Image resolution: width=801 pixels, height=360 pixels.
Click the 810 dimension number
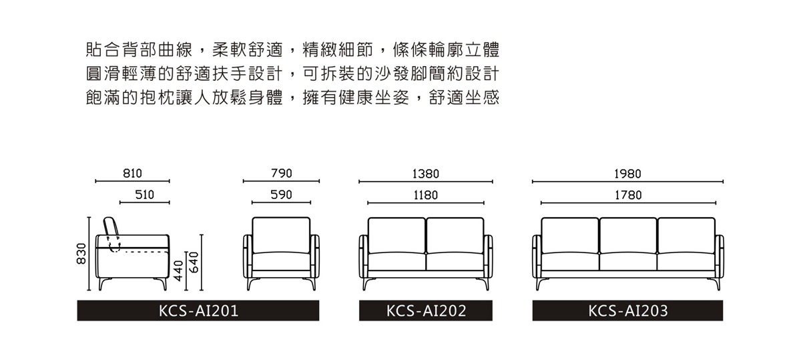[132, 174]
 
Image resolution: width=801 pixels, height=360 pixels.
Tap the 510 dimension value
[144, 194]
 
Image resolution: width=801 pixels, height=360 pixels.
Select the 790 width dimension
[282, 174]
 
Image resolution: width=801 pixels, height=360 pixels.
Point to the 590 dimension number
[282, 194]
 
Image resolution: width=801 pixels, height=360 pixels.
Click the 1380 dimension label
[426, 174]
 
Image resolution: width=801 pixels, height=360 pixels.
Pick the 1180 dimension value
[426, 196]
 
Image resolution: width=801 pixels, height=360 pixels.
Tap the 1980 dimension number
[627, 174]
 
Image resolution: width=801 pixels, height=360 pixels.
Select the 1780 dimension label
[628, 196]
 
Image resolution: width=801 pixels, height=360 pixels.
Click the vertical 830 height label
[82, 253]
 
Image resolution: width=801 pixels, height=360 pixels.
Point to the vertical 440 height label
[178, 271]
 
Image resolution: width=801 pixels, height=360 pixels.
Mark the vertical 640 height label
[194, 262]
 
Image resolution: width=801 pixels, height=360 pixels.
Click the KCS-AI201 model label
[198, 311]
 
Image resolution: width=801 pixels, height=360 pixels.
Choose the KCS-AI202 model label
[427, 311]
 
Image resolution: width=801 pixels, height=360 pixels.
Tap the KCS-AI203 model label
[628, 311]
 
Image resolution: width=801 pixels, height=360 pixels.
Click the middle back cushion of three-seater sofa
[628, 236]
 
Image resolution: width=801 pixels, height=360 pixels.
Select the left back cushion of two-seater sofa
[396, 236]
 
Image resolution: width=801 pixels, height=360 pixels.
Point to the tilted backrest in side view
[111, 226]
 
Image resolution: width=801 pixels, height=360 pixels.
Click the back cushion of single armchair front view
[281, 235]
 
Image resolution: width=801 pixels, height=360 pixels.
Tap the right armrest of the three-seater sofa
[720, 256]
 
